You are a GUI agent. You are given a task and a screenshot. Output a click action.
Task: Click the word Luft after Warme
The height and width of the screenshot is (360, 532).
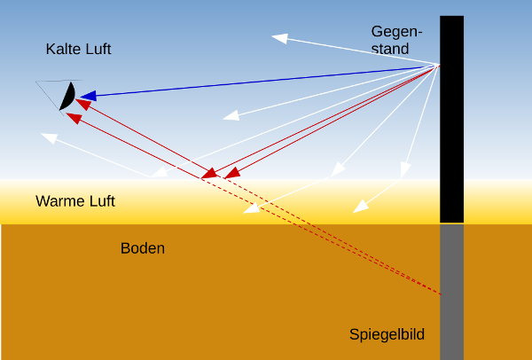pos(99,201)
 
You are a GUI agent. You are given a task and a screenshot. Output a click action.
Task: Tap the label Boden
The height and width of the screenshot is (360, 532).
pos(143,248)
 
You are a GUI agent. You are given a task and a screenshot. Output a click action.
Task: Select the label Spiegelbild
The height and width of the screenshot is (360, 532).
pos(387,334)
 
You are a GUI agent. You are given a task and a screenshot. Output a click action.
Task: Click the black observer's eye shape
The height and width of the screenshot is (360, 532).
pos(67,97)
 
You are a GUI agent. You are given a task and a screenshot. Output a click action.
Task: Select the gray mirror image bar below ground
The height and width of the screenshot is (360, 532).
pos(451,293)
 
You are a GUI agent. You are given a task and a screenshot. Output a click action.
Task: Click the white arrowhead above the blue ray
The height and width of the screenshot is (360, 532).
pos(279,38)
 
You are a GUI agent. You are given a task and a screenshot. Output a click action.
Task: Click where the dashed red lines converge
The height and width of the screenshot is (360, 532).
pos(440,293)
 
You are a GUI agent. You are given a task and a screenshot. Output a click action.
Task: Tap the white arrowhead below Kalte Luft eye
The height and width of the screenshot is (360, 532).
pos(48,137)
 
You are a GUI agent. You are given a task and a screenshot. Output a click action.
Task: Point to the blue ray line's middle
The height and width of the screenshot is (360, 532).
pos(262,80)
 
